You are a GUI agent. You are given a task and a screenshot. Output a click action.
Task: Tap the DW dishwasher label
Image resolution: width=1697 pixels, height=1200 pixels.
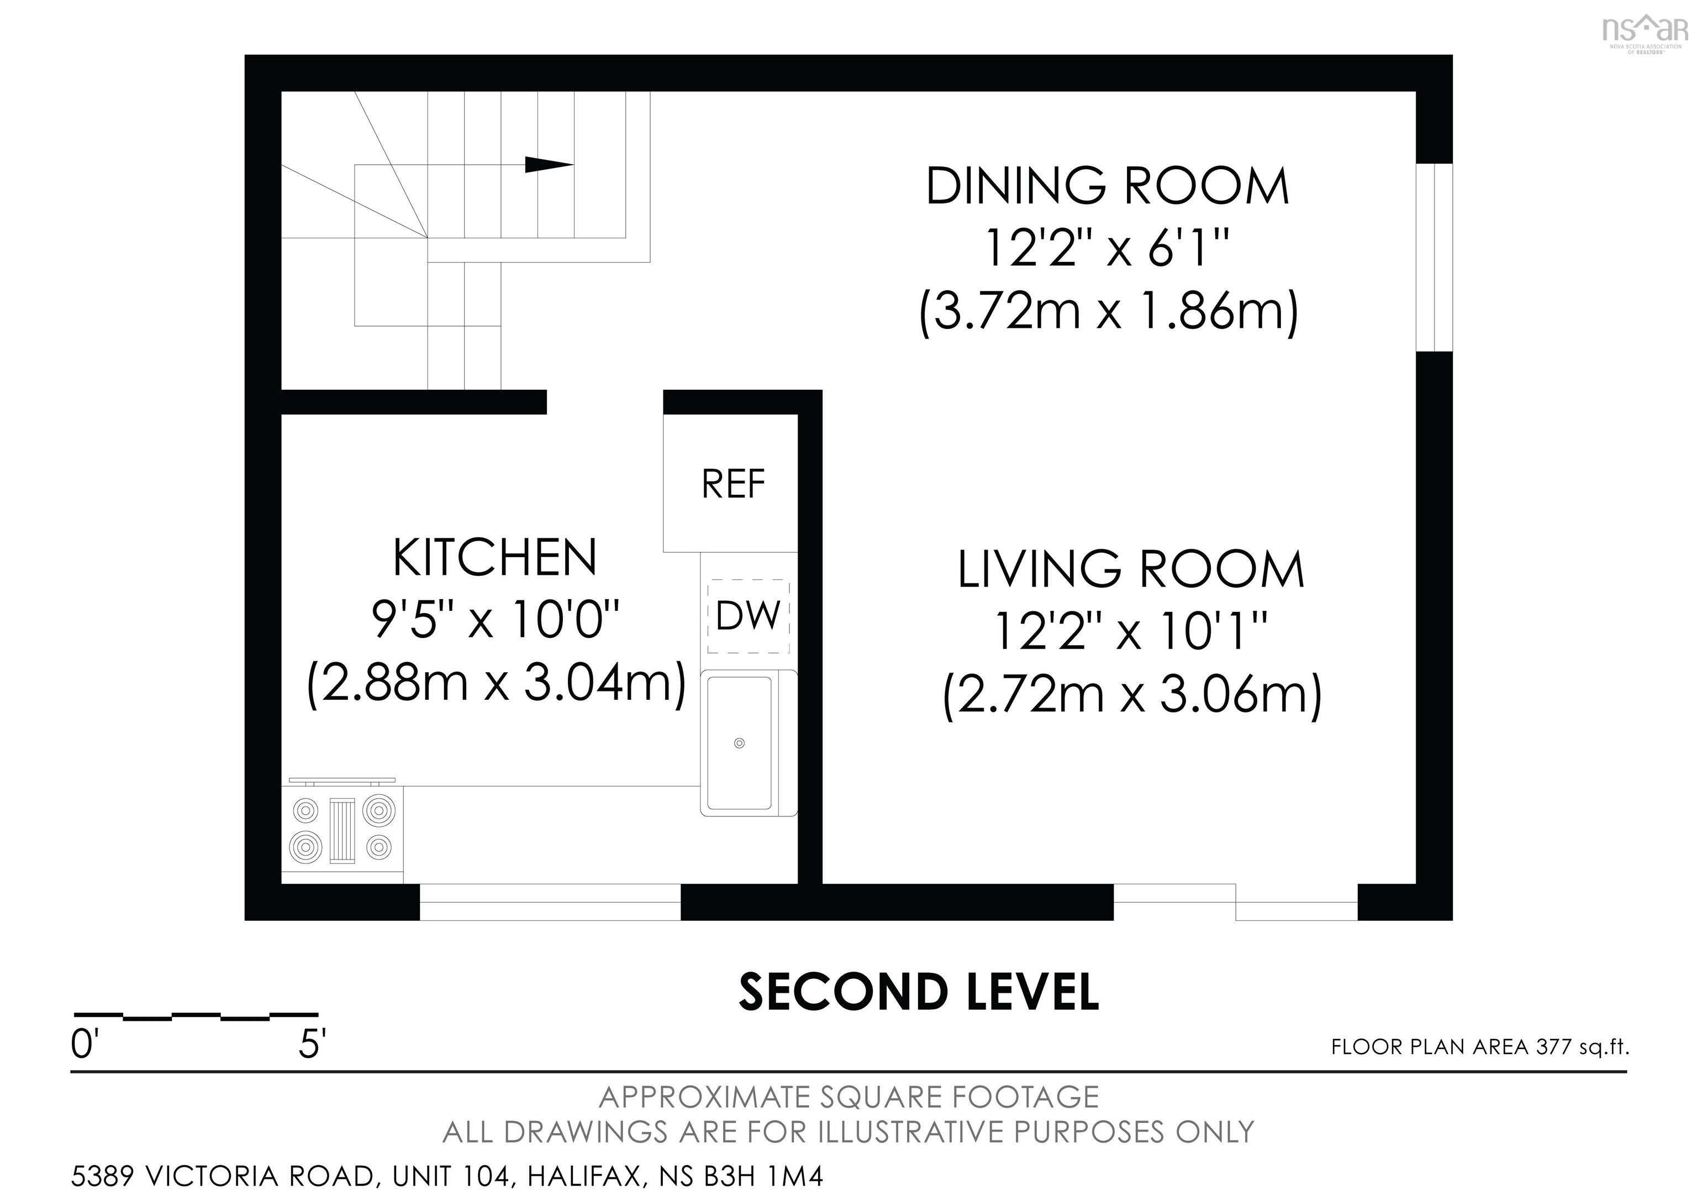(748, 616)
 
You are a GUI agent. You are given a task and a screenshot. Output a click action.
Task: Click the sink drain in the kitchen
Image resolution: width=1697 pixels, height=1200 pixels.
(739, 743)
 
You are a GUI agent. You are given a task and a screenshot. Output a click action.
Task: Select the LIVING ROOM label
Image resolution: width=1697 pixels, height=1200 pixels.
(1131, 569)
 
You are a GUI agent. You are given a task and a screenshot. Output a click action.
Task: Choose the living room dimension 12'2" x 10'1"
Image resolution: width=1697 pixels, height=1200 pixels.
(1131, 631)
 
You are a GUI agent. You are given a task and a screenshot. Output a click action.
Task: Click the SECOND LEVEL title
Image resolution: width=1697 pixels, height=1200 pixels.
(919, 992)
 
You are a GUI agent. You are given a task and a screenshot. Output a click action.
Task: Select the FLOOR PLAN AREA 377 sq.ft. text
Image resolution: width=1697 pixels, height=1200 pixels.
(1480, 1047)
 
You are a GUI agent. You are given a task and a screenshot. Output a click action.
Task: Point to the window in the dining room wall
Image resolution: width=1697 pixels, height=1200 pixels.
(1434, 258)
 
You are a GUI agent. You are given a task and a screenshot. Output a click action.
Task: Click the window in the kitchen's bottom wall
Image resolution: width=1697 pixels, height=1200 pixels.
(550, 902)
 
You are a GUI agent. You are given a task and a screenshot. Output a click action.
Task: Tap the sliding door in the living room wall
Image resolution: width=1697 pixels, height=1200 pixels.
(1236, 902)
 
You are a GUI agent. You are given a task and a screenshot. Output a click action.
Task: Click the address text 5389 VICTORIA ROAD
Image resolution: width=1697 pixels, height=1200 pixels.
(222, 1176)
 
